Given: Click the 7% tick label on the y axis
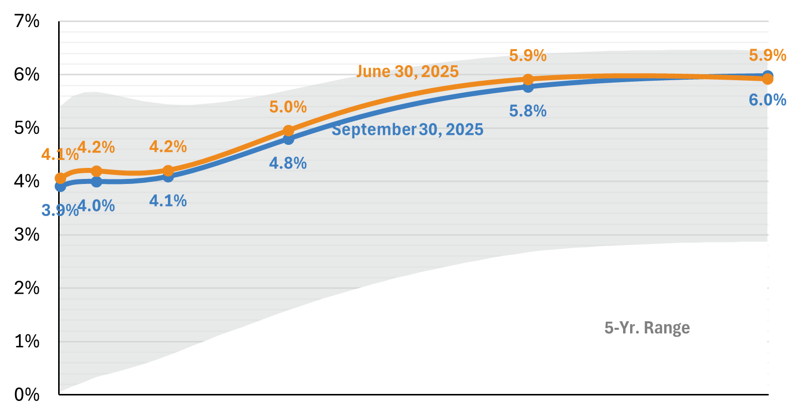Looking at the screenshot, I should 27,21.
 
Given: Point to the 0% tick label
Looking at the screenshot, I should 27,395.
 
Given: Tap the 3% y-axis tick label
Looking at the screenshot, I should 27,235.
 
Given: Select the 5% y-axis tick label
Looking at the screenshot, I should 27,128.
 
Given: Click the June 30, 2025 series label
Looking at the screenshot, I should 407,72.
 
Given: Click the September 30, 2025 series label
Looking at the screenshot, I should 407,130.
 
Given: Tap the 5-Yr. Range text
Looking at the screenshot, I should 647,328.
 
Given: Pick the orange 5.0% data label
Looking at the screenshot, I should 288,107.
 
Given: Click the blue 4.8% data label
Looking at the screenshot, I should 288,163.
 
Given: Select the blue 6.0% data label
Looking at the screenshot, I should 767,100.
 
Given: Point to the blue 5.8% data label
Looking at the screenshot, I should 527,111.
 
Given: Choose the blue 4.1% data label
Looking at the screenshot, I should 168,201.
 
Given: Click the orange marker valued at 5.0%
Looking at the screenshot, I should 288,131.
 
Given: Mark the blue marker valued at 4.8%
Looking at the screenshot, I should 288,139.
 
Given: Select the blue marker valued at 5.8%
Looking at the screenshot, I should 528,87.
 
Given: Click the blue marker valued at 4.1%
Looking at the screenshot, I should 168,176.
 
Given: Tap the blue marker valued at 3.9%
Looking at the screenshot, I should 61,186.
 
